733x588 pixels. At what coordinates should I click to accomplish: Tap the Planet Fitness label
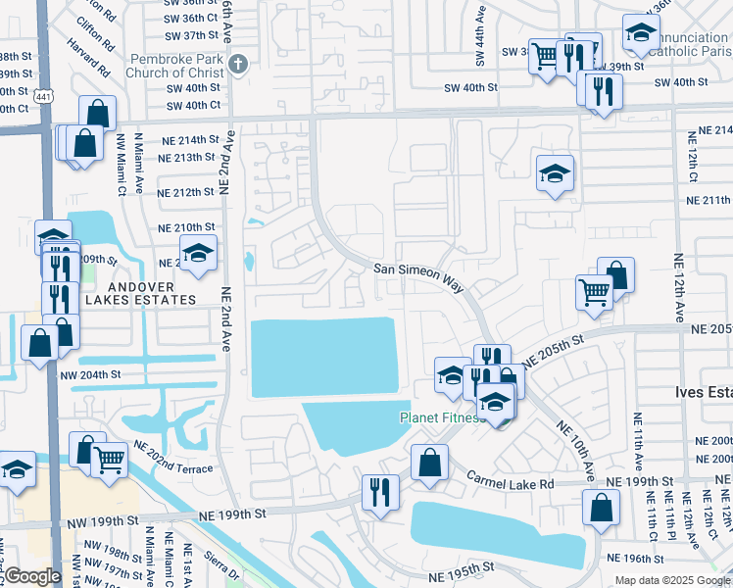[x=442, y=417]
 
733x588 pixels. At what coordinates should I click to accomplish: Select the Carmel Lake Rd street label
[x=510, y=480]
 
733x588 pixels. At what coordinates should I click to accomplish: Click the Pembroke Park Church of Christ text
[x=175, y=66]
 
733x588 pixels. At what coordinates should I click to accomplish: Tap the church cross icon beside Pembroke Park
[x=236, y=66]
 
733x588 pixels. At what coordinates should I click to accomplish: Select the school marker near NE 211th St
[x=555, y=173]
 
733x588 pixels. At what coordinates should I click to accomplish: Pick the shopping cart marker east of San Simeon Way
[x=595, y=292]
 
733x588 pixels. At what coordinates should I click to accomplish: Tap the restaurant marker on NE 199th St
[x=379, y=491]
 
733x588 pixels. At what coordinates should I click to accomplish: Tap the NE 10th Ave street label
[x=575, y=450]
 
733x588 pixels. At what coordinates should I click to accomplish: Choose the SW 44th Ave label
[x=480, y=38]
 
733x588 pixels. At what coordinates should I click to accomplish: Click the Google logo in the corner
[x=33, y=576]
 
